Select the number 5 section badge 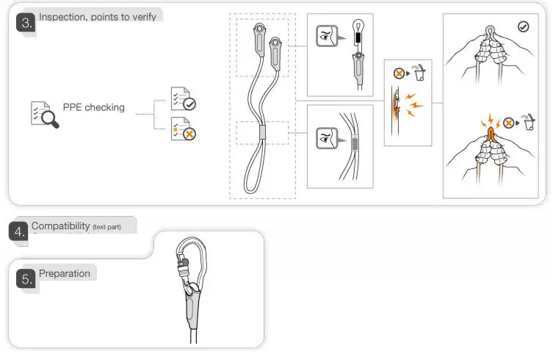26,279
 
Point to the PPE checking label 93,108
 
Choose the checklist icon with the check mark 182,99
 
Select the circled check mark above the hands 523,26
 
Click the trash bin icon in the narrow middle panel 420,74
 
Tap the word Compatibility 60,226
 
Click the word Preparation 65,274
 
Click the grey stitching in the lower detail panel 356,143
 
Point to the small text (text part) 106,227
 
